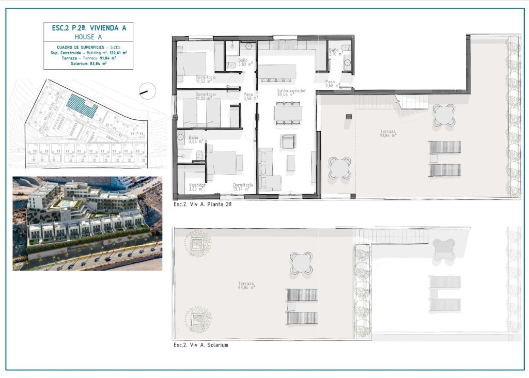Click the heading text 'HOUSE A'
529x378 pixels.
[x=88, y=37]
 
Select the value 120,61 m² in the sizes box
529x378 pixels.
[x=119, y=53]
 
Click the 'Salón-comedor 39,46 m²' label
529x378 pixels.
[x=291, y=92]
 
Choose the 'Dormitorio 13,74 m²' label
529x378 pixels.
[x=242, y=187]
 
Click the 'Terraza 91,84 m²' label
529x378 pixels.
[x=388, y=133]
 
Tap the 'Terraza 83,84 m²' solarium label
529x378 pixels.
[x=246, y=285]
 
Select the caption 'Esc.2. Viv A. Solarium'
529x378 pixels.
[x=201, y=345]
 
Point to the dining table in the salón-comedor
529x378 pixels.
[x=288, y=113]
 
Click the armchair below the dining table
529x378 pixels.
[x=288, y=141]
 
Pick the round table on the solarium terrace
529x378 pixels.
[x=301, y=262]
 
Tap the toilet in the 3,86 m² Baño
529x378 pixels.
[x=198, y=154]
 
